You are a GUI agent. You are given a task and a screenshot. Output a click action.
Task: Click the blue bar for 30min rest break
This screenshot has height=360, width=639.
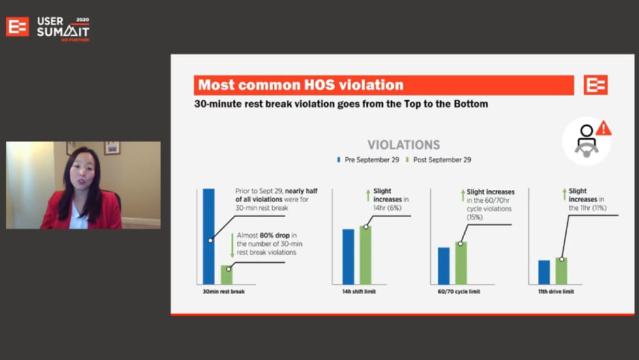tap(209, 237)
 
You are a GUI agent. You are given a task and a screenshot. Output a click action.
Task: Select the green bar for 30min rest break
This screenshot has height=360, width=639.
tap(227, 275)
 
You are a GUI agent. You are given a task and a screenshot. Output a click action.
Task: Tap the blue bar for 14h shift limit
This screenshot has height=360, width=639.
tap(348, 257)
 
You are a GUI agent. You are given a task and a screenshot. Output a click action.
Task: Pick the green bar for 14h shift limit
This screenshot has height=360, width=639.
tap(366, 255)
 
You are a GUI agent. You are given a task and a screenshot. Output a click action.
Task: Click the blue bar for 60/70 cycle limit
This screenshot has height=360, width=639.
tap(444, 266)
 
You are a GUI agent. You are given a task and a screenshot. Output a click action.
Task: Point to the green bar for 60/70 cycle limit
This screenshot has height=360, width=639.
tap(461, 263)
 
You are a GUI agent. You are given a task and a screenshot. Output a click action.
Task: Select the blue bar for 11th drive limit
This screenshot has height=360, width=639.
tap(544, 273)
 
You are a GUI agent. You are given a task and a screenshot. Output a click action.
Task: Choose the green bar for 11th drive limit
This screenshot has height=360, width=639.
tap(561, 271)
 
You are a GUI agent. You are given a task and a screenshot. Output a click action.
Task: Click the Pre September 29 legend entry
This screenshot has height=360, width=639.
tap(368, 160)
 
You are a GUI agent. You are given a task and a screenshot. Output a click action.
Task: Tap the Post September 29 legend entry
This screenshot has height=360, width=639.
tap(438, 160)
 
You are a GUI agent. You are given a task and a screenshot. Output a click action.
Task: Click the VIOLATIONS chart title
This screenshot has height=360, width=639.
tap(404, 145)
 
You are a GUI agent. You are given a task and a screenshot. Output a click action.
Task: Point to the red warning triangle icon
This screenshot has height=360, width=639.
tap(604, 128)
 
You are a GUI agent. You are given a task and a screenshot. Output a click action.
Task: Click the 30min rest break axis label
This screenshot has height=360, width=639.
tap(224, 292)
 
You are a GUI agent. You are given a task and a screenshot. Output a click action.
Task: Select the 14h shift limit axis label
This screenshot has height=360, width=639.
tap(359, 292)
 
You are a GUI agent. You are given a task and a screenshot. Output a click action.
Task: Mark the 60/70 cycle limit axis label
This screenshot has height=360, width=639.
tap(459, 292)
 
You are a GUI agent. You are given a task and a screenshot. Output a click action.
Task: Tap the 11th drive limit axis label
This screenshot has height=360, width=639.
tap(556, 292)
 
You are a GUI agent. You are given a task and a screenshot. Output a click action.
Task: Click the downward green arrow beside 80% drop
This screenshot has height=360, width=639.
tap(232, 245)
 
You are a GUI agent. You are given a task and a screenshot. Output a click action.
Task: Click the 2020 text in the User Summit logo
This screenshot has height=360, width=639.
tap(82, 20)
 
